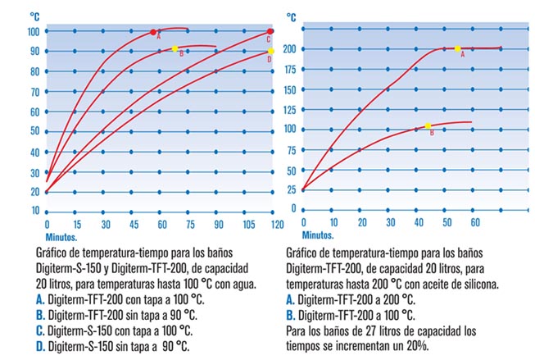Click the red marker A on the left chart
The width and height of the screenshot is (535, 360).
pos(153,32)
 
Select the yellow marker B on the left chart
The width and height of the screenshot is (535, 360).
pos(175,49)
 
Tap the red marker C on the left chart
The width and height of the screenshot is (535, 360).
pos(270,31)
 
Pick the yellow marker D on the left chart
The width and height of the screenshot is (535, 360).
pos(270,51)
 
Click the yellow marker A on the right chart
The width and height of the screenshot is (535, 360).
pos(457,49)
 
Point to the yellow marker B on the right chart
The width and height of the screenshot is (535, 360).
pos(428,126)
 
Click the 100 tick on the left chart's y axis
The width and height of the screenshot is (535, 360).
pos(34,31)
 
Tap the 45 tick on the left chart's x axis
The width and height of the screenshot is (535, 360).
pos(134,224)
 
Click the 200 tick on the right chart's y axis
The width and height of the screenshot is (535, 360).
pos(288,48)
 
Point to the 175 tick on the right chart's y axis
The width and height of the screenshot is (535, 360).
pos(288,69)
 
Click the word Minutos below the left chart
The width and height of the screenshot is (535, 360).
pos(61,237)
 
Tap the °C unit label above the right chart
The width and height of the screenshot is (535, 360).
pos(292,15)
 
